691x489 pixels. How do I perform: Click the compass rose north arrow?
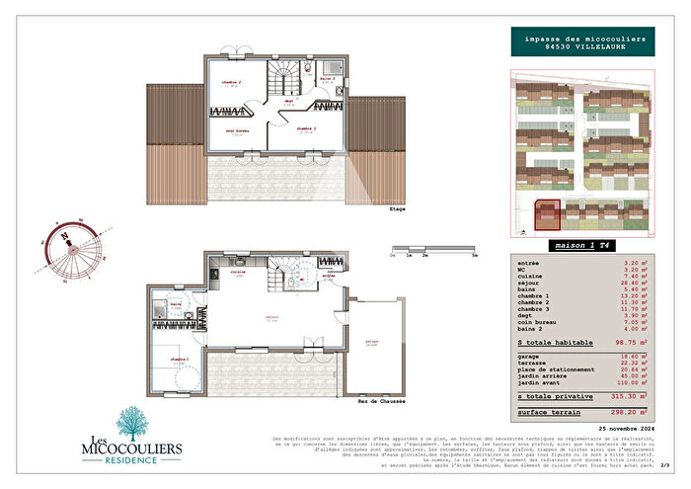pos(63,235)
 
